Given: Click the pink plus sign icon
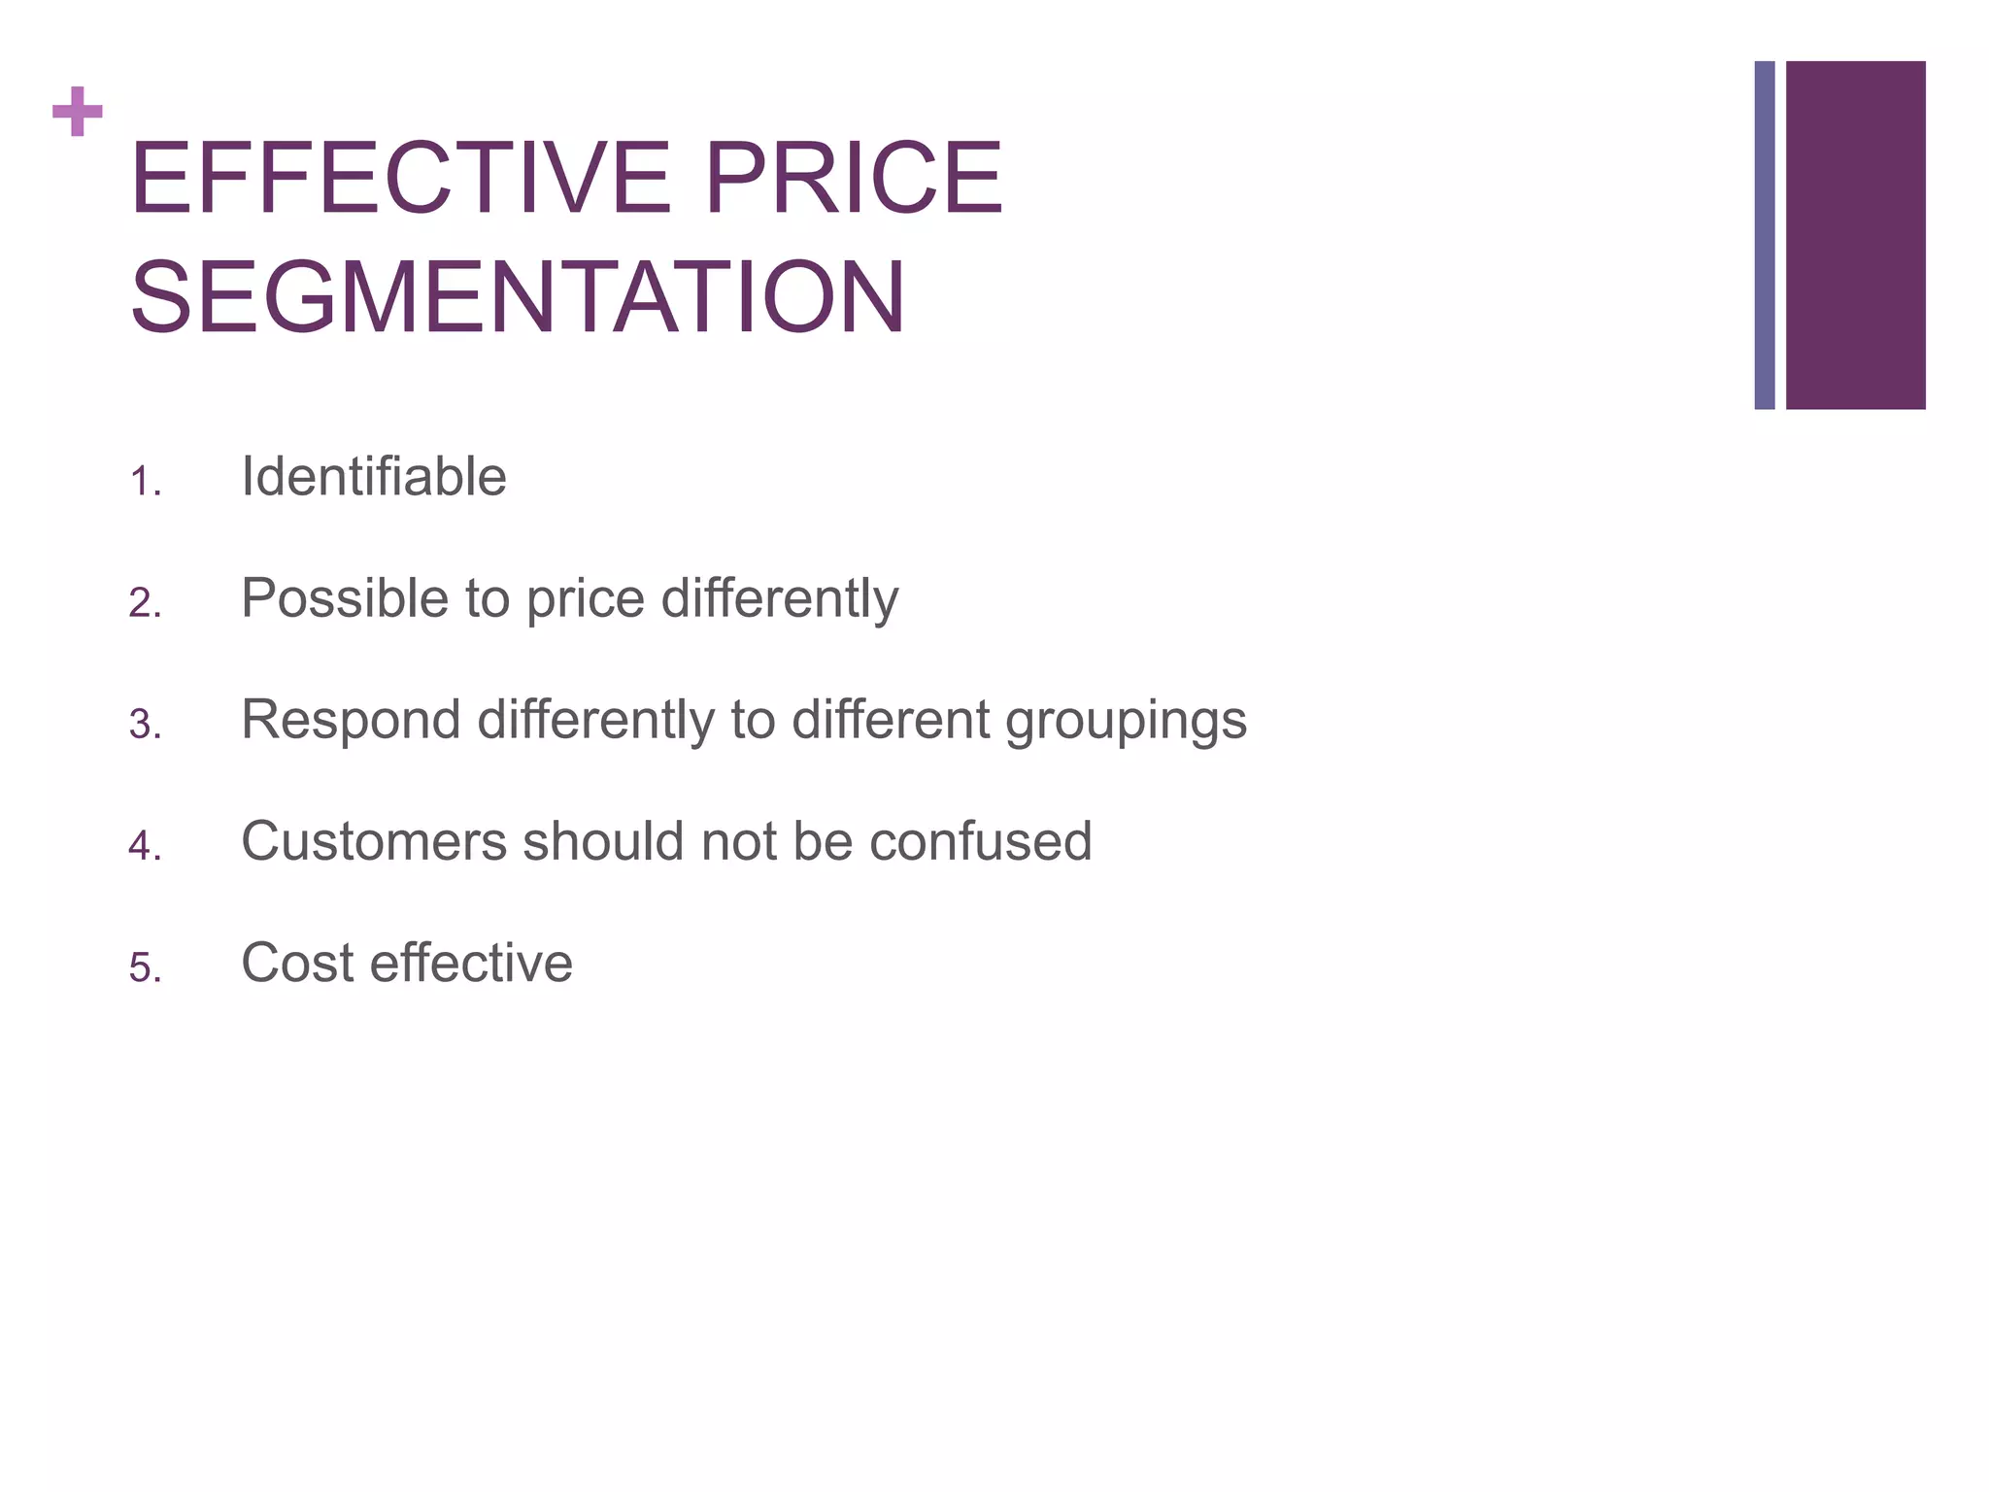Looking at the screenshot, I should point(78,112).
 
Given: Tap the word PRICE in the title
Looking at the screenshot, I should point(854,179).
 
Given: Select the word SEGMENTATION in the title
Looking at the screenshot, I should point(518,297).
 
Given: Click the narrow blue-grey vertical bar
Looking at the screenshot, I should point(1764,235).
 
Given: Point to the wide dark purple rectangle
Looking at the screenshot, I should point(1855,235).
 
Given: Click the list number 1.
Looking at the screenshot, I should point(144,482).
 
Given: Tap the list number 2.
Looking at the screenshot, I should point(144,604).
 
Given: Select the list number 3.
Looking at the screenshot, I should point(144,726).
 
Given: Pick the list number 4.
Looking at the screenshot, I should point(144,847).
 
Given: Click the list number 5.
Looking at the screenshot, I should point(144,968).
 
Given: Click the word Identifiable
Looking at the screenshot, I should point(374,477).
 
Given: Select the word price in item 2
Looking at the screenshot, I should point(586,600).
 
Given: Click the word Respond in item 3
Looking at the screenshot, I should point(351,721).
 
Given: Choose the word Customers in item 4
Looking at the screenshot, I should point(374,841).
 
